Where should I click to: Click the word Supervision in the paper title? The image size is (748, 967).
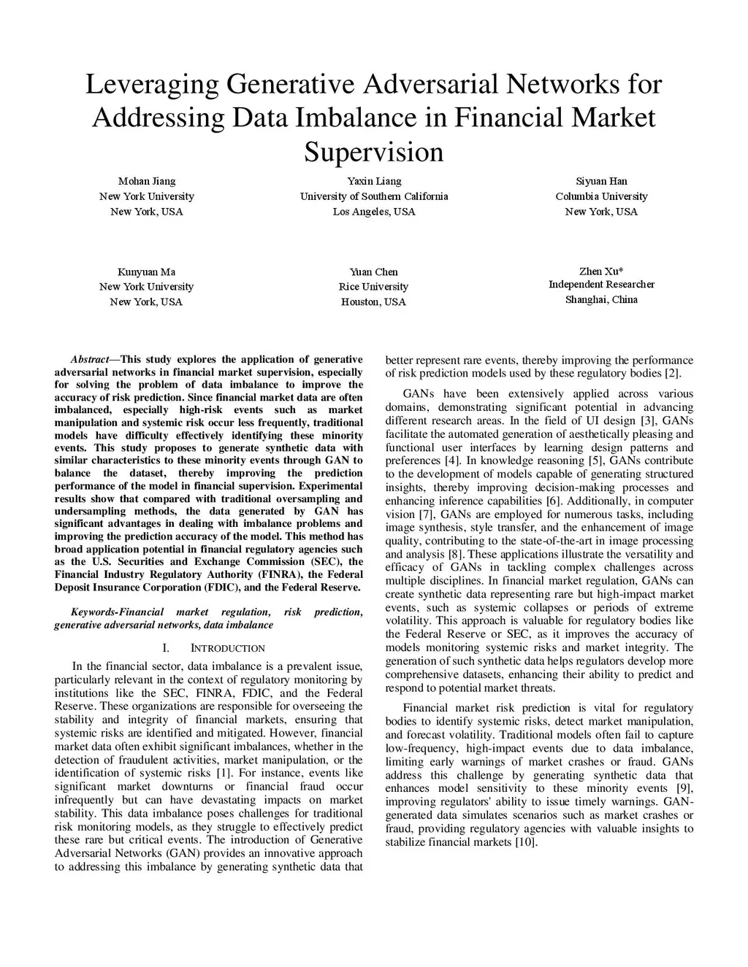pyautogui.click(x=373, y=152)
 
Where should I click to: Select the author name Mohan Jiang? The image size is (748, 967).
pyautogui.click(x=147, y=181)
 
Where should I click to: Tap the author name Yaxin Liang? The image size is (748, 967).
pyautogui.click(x=374, y=181)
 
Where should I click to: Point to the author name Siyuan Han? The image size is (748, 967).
pyautogui.click(x=601, y=181)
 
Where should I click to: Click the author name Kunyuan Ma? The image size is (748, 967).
pyautogui.click(x=146, y=271)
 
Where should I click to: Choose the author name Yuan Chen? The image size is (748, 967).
pyautogui.click(x=373, y=271)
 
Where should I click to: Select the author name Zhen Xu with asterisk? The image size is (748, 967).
pyautogui.click(x=601, y=271)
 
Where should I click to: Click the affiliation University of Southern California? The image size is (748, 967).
pyautogui.click(x=374, y=196)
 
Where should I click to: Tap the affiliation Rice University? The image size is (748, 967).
pyautogui.click(x=373, y=287)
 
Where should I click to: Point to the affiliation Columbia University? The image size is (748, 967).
pyautogui.click(x=601, y=196)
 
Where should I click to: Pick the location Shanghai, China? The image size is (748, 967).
pyautogui.click(x=601, y=299)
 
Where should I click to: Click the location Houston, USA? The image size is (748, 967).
pyautogui.click(x=373, y=302)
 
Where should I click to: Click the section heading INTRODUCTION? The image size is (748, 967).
pyautogui.click(x=228, y=648)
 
